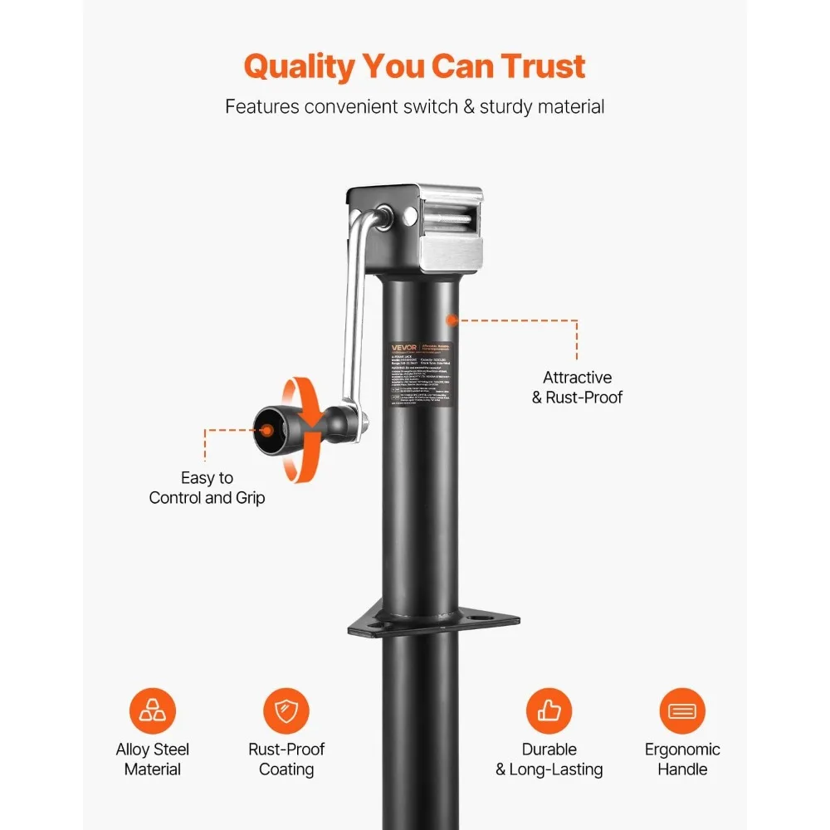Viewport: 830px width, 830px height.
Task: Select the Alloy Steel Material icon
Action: tap(153, 711)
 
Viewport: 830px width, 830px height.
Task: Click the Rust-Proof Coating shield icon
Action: tap(286, 711)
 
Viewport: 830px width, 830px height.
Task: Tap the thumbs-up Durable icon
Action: tap(549, 711)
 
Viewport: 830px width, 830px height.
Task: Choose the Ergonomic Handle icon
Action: tap(683, 711)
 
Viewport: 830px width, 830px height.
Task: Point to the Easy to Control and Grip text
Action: tap(207, 488)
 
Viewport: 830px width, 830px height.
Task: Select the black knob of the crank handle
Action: tap(275, 430)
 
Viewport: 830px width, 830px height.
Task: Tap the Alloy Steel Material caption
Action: tap(153, 759)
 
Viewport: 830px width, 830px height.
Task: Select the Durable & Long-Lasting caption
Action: tap(549, 759)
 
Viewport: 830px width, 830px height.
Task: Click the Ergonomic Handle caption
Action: tap(683, 759)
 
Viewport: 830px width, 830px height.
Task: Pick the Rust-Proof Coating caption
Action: tap(286, 759)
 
